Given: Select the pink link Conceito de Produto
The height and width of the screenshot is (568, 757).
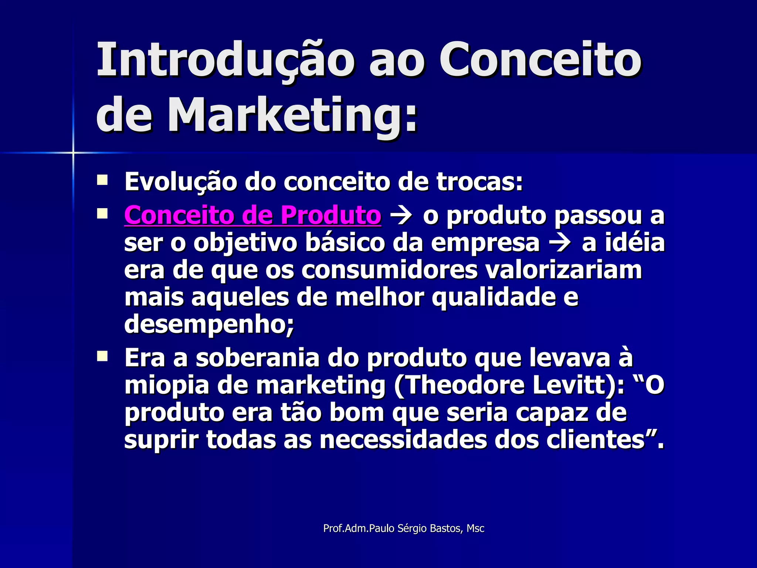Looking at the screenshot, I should (x=252, y=215).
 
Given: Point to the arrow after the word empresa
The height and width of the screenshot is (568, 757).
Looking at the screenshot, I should (x=561, y=243).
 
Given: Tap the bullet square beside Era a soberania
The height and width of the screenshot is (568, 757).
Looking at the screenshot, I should (x=102, y=356).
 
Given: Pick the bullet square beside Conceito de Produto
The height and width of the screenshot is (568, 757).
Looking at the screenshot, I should (x=102, y=214).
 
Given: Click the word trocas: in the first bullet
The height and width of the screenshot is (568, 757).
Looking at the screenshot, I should (x=479, y=182).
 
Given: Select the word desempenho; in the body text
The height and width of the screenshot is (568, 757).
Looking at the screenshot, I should (x=209, y=324).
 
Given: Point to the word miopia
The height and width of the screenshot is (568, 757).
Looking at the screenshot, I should (x=167, y=386).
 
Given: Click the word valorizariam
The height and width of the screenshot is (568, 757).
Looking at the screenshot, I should (x=563, y=270).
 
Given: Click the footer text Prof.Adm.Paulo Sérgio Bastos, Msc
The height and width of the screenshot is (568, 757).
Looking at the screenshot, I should (x=404, y=528).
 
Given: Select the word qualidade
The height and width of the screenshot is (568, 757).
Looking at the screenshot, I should (x=493, y=297).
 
